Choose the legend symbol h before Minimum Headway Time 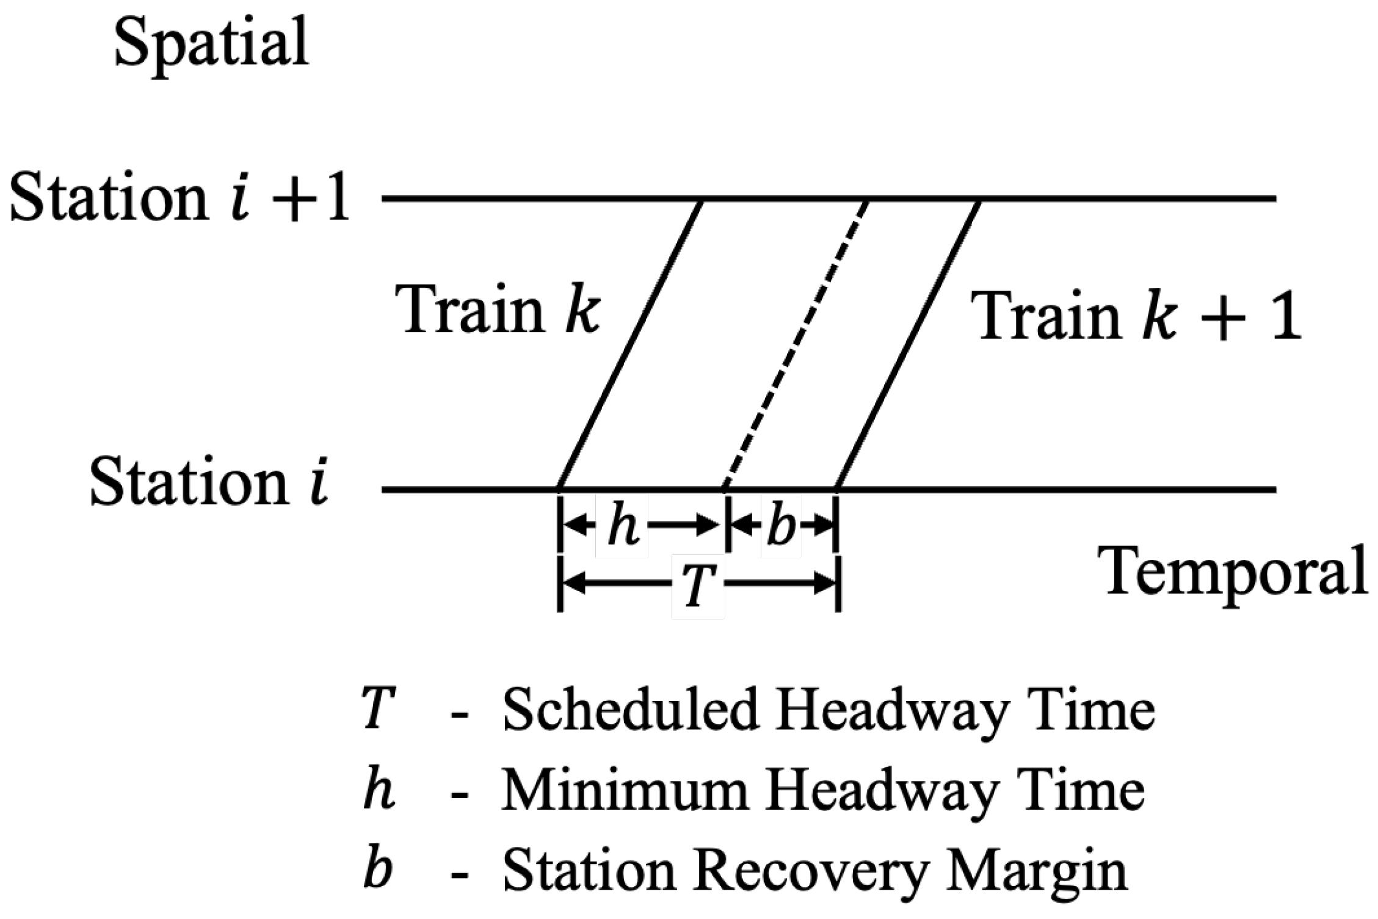coord(378,791)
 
